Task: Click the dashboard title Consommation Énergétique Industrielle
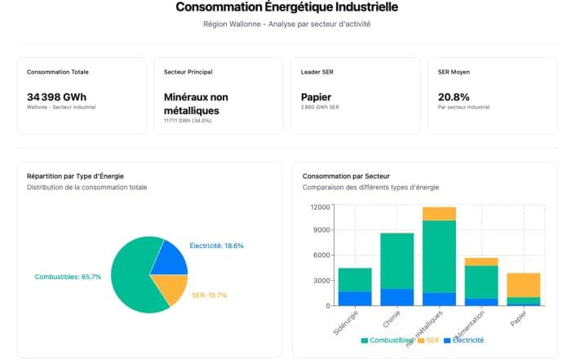pos(285,8)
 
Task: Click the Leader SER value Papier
pos(316,97)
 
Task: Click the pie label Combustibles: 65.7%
pos(68,277)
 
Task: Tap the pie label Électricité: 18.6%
pos(216,246)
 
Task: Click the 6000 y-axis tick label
pos(320,256)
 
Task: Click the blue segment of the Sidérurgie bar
pos(355,299)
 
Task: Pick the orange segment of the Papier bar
pos(523,285)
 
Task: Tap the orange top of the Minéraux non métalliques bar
pos(439,214)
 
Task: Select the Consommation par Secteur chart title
pos(346,176)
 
